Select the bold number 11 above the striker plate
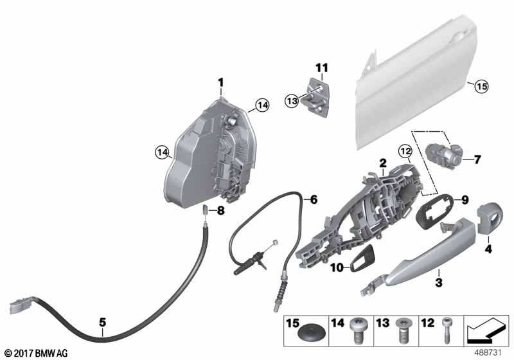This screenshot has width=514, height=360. pos(321,67)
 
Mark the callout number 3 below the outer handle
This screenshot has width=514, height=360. pos(439,282)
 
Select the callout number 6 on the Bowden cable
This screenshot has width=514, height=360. pos(313,200)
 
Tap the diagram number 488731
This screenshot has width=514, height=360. pos(493,354)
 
